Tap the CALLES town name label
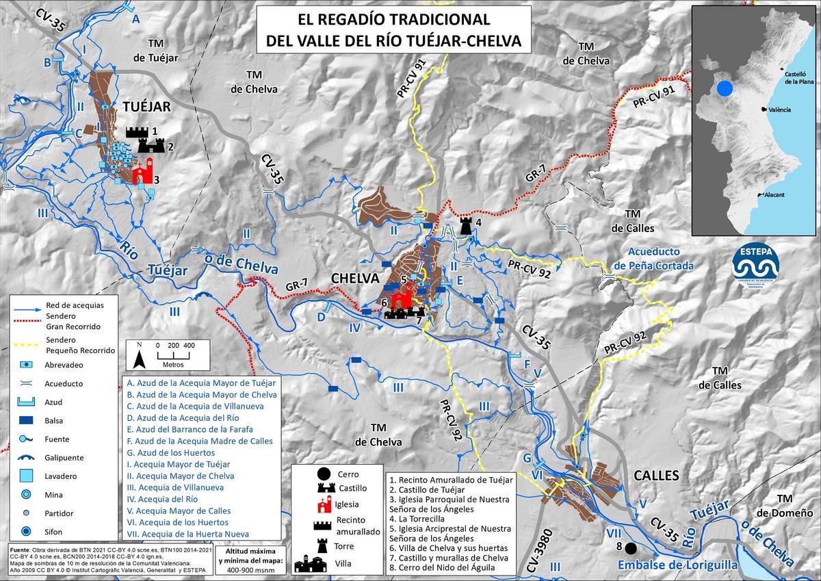[656, 475]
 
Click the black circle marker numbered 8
[630, 548]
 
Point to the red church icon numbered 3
[142, 172]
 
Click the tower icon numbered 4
[467, 225]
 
